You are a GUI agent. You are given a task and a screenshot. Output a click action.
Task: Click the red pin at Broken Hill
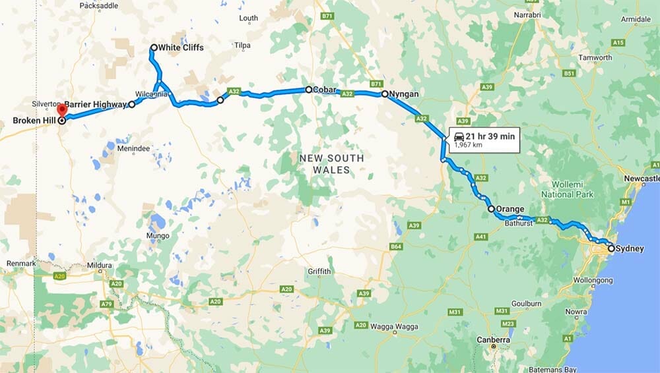(x=61, y=109)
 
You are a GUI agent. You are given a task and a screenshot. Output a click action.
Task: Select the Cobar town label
(x=325, y=90)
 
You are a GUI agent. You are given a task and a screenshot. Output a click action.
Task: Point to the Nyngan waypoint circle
(x=385, y=94)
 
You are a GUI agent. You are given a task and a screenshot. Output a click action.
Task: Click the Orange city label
(x=510, y=209)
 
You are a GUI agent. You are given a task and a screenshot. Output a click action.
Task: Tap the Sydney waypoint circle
(x=611, y=248)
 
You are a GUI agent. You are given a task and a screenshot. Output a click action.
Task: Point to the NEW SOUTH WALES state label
(x=331, y=164)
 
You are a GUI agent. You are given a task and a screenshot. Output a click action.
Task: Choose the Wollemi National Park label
(x=567, y=190)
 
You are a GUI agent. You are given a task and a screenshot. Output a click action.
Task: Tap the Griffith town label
(x=319, y=272)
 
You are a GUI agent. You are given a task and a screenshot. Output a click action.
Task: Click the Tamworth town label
(x=595, y=57)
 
